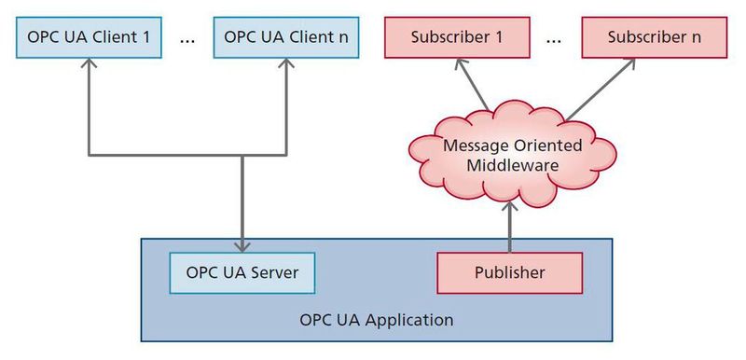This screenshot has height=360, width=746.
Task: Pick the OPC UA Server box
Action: pos(242,273)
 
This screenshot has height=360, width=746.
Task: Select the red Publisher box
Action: pos(509,273)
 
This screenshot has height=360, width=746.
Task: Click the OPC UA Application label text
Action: pos(377,320)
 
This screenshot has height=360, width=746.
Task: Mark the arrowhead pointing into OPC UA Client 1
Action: pos(89,63)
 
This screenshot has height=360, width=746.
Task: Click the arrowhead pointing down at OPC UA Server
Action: pos(242,245)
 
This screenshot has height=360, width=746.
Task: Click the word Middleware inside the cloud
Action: pos(512,165)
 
